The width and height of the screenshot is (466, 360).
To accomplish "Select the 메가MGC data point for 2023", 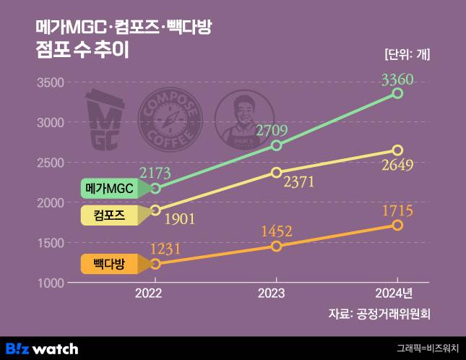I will (x=276, y=145).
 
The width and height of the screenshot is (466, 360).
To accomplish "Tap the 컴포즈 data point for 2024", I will (x=397, y=150).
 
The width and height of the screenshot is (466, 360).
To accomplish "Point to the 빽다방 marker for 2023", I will (x=276, y=247).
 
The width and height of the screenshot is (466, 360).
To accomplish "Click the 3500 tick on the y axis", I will (x=49, y=82).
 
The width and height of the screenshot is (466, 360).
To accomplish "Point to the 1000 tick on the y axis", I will (x=49, y=283).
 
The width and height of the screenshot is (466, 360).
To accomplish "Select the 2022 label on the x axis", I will (x=154, y=294).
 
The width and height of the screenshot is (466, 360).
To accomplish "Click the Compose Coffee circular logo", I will (x=171, y=120).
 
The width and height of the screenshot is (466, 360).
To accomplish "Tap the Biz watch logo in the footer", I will (x=42, y=348).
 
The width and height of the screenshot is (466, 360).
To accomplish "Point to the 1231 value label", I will (x=165, y=249).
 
